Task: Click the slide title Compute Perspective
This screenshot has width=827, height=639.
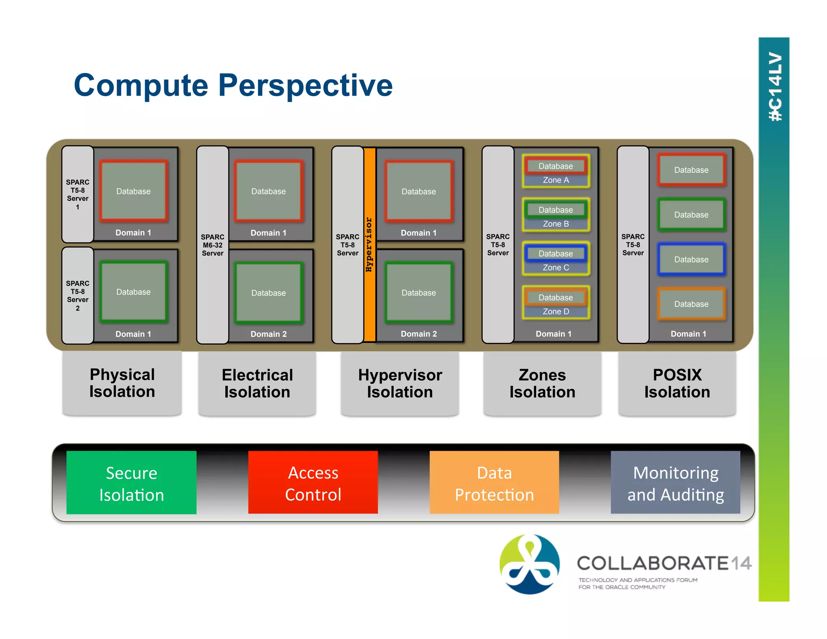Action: [x=233, y=85]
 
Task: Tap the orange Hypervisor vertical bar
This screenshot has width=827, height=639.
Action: [x=369, y=245]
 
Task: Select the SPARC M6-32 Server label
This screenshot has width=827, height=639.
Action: [x=212, y=245]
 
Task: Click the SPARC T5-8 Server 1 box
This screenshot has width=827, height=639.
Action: [x=78, y=194]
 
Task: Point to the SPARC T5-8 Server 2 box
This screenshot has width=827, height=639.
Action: [x=78, y=296]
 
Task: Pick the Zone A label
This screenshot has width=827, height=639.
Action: [x=556, y=180]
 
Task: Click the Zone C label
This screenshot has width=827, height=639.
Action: [x=556, y=267]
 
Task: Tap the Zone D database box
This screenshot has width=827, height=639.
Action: [x=556, y=298]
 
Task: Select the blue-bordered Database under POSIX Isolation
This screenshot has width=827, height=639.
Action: [x=691, y=259]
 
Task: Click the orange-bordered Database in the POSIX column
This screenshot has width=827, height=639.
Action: [x=691, y=304]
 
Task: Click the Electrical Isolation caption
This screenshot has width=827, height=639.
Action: [x=257, y=383]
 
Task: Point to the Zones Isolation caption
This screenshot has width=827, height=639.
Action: [x=542, y=383]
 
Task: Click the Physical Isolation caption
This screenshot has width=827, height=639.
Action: [x=122, y=383]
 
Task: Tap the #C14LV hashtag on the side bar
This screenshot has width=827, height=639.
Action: [x=775, y=86]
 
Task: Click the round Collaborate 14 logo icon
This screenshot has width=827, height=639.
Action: [x=529, y=564]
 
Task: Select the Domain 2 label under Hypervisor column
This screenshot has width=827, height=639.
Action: [x=418, y=334]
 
